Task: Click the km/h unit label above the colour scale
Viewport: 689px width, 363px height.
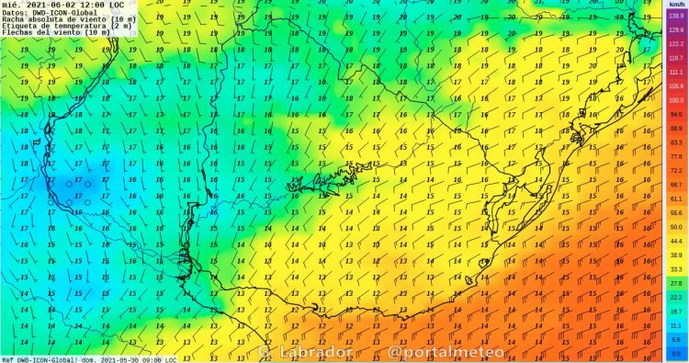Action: pyautogui.click(x=676, y=5)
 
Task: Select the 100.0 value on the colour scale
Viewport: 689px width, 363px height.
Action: pyautogui.click(x=676, y=100)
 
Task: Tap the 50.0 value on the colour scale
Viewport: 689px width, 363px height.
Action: pyautogui.click(x=676, y=227)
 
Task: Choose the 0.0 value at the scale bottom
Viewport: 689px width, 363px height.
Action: pyautogui.click(x=676, y=353)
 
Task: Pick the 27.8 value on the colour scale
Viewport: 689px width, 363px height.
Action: pyautogui.click(x=676, y=283)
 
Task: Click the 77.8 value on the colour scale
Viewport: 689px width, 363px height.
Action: pyautogui.click(x=676, y=156)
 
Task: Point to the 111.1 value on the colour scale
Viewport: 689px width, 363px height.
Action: pyautogui.click(x=676, y=72)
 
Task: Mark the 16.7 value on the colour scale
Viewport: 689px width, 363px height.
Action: pyautogui.click(x=676, y=312)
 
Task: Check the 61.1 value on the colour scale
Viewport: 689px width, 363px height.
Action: pyautogui.click(x=676, y=199)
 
